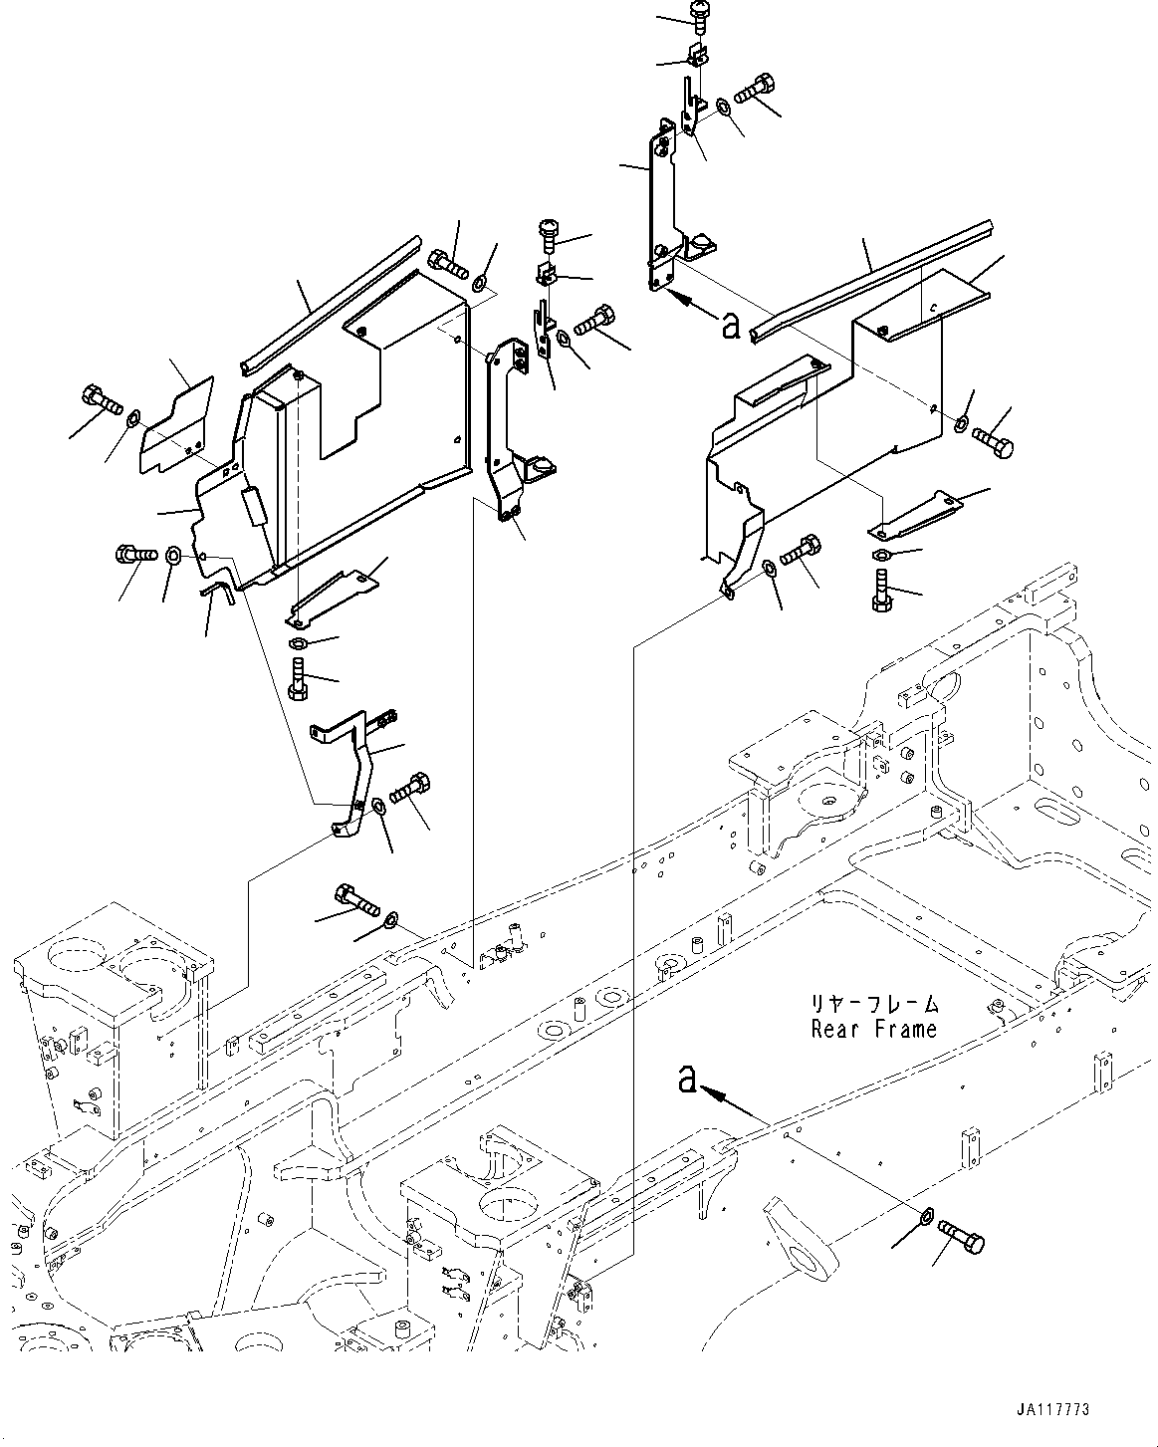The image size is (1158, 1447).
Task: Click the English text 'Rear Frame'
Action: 873,1029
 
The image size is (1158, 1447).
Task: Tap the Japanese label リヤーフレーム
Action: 873,1004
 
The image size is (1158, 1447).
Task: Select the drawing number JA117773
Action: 1052,1410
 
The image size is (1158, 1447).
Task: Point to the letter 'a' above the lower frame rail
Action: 685,1079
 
